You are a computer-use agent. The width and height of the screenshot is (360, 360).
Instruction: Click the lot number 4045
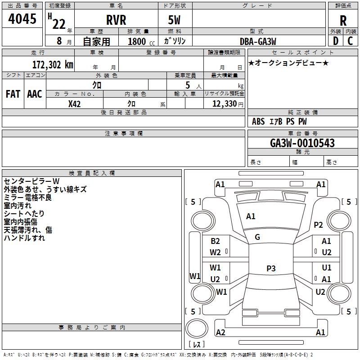22,19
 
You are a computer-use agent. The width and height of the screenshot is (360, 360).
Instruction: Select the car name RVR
116,20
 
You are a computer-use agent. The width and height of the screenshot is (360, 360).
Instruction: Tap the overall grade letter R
343,21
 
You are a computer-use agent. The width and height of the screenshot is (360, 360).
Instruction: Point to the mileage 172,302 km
53,65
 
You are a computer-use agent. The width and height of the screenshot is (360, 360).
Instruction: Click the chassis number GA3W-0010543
302,143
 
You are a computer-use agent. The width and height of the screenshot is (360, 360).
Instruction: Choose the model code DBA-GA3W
258,41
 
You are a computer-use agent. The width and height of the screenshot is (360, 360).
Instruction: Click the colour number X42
74,104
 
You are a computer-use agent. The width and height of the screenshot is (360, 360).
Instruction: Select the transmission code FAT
13,94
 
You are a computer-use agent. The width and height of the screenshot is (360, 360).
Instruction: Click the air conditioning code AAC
35,94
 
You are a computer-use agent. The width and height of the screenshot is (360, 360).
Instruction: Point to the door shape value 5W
174,20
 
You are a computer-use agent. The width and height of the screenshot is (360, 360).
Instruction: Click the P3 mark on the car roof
271,268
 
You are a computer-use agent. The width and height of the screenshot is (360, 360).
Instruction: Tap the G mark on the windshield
257,237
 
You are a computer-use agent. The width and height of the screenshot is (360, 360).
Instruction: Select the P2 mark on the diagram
318,225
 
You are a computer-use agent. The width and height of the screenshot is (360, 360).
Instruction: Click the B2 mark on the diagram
215,241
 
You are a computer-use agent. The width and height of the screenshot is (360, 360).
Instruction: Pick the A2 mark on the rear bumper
220,332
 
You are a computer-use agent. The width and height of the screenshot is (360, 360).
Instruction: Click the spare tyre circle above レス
197,328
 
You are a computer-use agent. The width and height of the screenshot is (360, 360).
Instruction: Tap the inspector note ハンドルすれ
24,238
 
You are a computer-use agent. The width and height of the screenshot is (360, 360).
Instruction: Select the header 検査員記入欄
92,173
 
